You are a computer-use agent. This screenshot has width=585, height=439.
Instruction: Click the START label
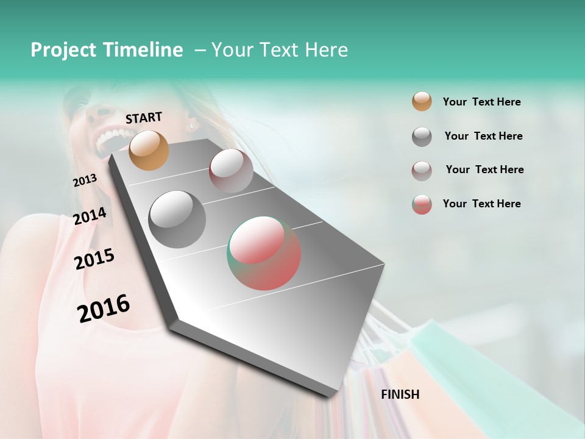pyautogui.click(x=144, y=117)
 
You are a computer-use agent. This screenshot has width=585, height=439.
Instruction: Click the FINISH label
pyautogui.click(x=400, y=394)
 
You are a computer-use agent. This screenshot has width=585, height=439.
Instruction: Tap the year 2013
pyautogui.click(x=85, y=180)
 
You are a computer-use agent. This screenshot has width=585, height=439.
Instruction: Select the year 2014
pyautogui.click(x=90, y=216)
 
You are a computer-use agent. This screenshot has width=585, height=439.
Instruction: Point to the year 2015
pyautogui.click(x=94, y=259)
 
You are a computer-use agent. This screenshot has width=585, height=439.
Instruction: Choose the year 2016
pyautogui.click(x=104, y=309)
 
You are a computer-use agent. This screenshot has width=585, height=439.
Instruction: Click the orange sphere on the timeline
pyautogui.click(x=149, y=150)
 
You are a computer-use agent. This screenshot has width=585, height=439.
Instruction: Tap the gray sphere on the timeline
pyautogui.click(x=177, y=220)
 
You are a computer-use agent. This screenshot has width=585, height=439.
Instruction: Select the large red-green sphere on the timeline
pyautogui.click(x=264, y=253)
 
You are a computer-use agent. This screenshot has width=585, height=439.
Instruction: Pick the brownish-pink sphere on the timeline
pyautogui.click(x=231, y=171)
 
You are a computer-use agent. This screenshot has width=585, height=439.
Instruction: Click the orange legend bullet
pyautogui.click(x=422, y=102)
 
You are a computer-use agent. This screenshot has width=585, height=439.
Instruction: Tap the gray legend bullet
pyautogui.click(x=422, y=137)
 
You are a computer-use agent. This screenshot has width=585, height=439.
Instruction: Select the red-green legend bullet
pyautogui.click(x=422, y=204)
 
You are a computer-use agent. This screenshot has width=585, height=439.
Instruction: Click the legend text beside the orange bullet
pyautogui.click(x=481, y=102)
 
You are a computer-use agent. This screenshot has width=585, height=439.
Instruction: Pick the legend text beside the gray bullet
pyautogui.click(x=483, y=136)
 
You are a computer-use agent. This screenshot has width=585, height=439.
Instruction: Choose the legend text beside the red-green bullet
pyautogui.click(x=481, y=204)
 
